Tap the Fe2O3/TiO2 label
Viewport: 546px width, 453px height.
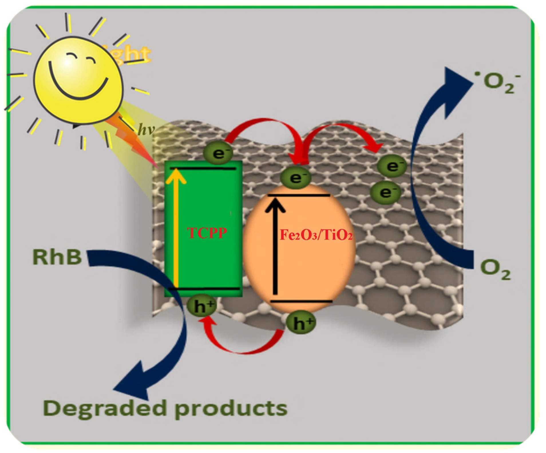click(x=316, y=235)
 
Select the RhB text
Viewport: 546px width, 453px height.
click(x=57, y=257)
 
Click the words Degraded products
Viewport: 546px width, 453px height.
click(x=165, y=408)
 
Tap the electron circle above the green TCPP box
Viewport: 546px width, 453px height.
click(x=219, y=153)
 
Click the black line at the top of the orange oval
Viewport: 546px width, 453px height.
click(x=299, y=195)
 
